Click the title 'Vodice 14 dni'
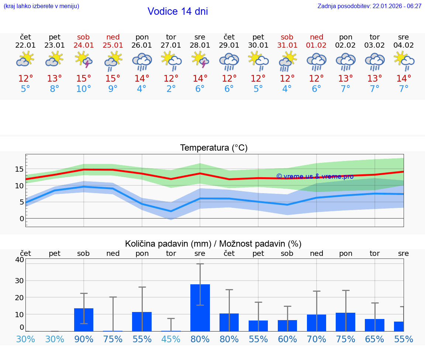[x=177, y=11]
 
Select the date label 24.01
[x=83, y=45]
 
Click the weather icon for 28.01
[x=200, y=60]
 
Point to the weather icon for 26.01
[x=142, y=61]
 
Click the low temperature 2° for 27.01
[x=171, y=89]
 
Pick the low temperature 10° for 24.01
[x=83, y=89]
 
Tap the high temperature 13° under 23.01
[x=55, y=79]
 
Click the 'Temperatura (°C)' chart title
[x=214, y=148]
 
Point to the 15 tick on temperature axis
[x=19, y=169]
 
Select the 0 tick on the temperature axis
[x=22, y=218]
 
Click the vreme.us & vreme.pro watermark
[x=315, y=176]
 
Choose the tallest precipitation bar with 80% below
[x=200, y=308]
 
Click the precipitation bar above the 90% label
[x=84, y=319]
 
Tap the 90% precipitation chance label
[x=84, y=339]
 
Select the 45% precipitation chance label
[x=171, y=339]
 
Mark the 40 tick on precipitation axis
[x=19, y=260]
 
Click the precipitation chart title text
[x=213, y=244]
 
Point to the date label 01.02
[x=316, y=45]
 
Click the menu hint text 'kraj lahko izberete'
[x=41, y=6]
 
